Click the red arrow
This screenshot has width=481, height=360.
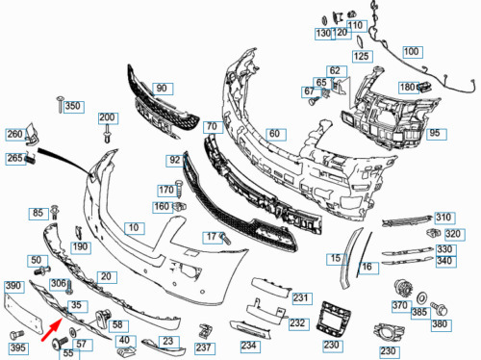click(51, 329)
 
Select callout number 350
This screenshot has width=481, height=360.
click(74, 106)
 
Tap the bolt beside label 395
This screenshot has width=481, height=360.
click(16, 335)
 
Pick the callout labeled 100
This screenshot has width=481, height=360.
click(413, 52)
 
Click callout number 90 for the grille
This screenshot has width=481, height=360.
click(163, 89)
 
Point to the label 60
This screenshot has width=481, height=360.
click(276, 134)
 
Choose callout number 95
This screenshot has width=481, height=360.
click(436, 133)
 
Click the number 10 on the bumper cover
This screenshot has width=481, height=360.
click(135, 228)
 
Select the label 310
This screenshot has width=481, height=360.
click(444, 218)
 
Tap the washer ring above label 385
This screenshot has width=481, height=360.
click(421, 298)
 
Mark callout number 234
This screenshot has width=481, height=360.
click(250, 346)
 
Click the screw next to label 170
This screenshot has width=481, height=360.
click(179, 189)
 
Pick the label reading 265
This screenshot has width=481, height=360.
click(15, 158)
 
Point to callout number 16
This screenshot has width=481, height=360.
click(368, 268)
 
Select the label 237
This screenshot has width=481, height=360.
click(205, 347)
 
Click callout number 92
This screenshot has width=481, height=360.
click(176, 161)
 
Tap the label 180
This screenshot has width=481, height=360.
click(409, 88)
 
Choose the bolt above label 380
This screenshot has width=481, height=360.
click(439, 308)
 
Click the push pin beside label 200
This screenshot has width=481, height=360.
click(108, 134)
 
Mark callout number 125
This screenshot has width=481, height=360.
click(363, 57)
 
